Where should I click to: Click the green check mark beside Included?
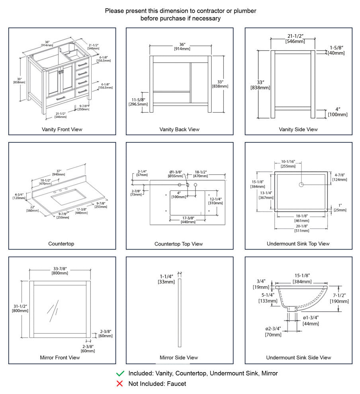(x=120, y=373)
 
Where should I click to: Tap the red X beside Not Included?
(x=120, y=384)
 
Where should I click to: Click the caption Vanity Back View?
(x=179, y=129)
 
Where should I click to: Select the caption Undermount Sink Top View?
(x=298, y=244)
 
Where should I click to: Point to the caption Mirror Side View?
(x=179, y=357)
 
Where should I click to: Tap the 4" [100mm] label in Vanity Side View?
(x=337, y=109)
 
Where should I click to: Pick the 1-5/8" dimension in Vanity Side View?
(x=337, y=48)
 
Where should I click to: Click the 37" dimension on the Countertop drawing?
(x=59, y=172)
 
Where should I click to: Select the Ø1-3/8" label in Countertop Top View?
(x=176, y=172)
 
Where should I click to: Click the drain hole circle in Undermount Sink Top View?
(x=301, y=184)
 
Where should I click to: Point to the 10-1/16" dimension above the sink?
(x=288, y=162)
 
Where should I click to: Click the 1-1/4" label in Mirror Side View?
(x=166, y=276)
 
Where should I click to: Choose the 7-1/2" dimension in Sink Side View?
(x=339, y=295)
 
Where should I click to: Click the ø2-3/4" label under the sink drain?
(x=273, y=329)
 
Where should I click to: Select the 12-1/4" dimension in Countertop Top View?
(x=215, y=199)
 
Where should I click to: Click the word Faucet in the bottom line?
(x=176, y=384)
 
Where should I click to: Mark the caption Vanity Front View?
(x=62, y=129)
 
